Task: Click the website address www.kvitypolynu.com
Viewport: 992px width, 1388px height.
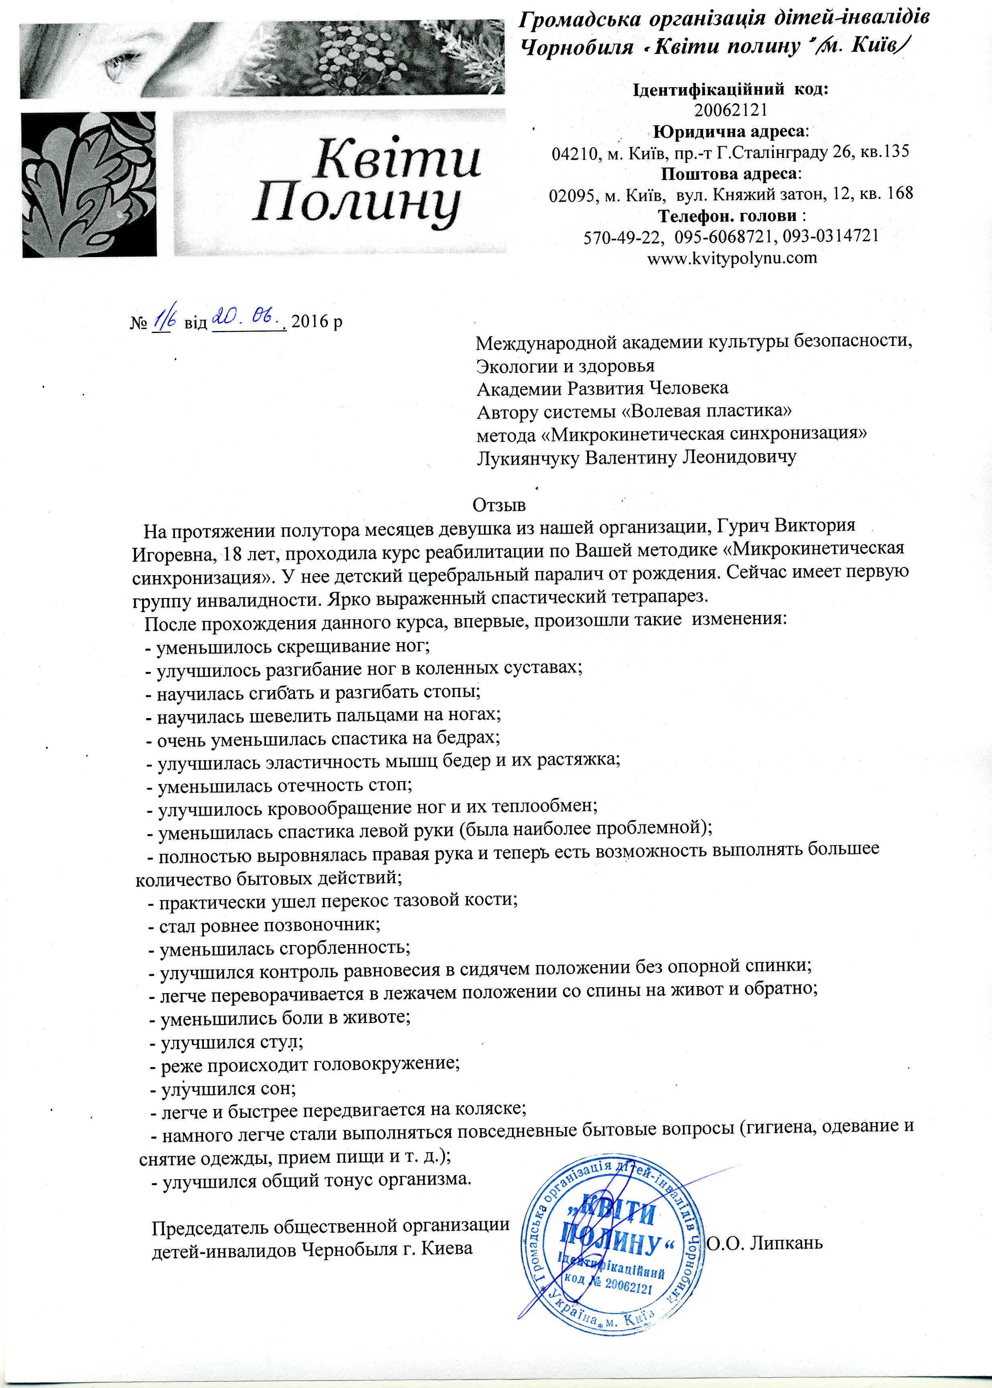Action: tap(731, 258)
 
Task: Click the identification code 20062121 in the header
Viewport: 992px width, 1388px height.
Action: tap(731, 110)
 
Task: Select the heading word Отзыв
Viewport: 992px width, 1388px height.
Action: tap(499, 506)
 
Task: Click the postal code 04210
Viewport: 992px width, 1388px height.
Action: tap(575, 152)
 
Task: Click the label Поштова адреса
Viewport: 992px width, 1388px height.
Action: tap(731, 173)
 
